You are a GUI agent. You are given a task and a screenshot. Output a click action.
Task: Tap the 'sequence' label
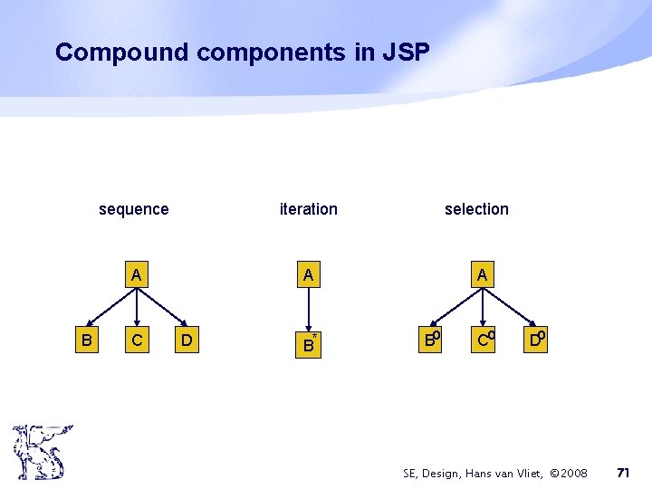point(133,209)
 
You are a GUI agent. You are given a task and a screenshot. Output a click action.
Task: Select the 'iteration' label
point(308,209)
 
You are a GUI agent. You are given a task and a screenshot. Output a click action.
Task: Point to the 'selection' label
point(476,209)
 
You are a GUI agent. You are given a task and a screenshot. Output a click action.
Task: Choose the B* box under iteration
point(309,342)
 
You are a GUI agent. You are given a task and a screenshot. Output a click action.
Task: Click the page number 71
point(622,473)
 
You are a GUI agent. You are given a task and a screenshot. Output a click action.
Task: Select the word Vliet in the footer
point(516,474)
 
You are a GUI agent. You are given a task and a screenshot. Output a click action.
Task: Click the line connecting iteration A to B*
point(309,308)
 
